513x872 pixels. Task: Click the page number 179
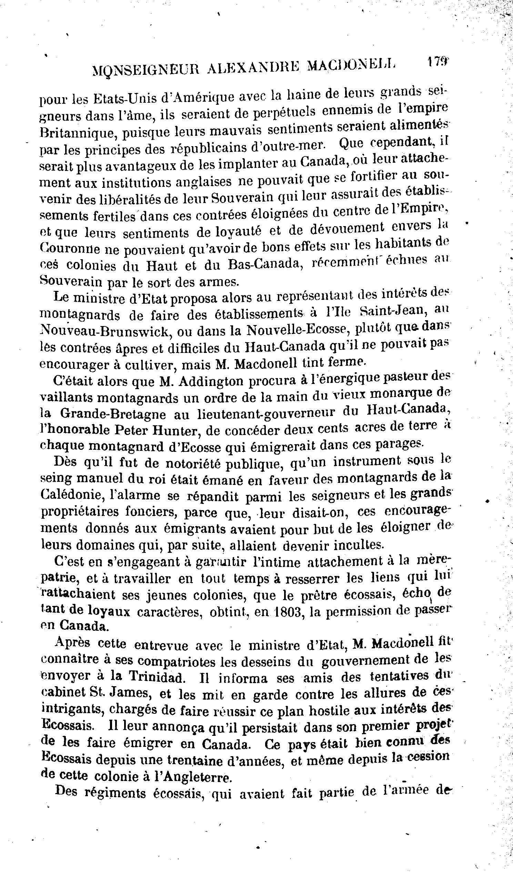point(437,62)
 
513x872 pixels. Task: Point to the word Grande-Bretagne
point(113,414)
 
